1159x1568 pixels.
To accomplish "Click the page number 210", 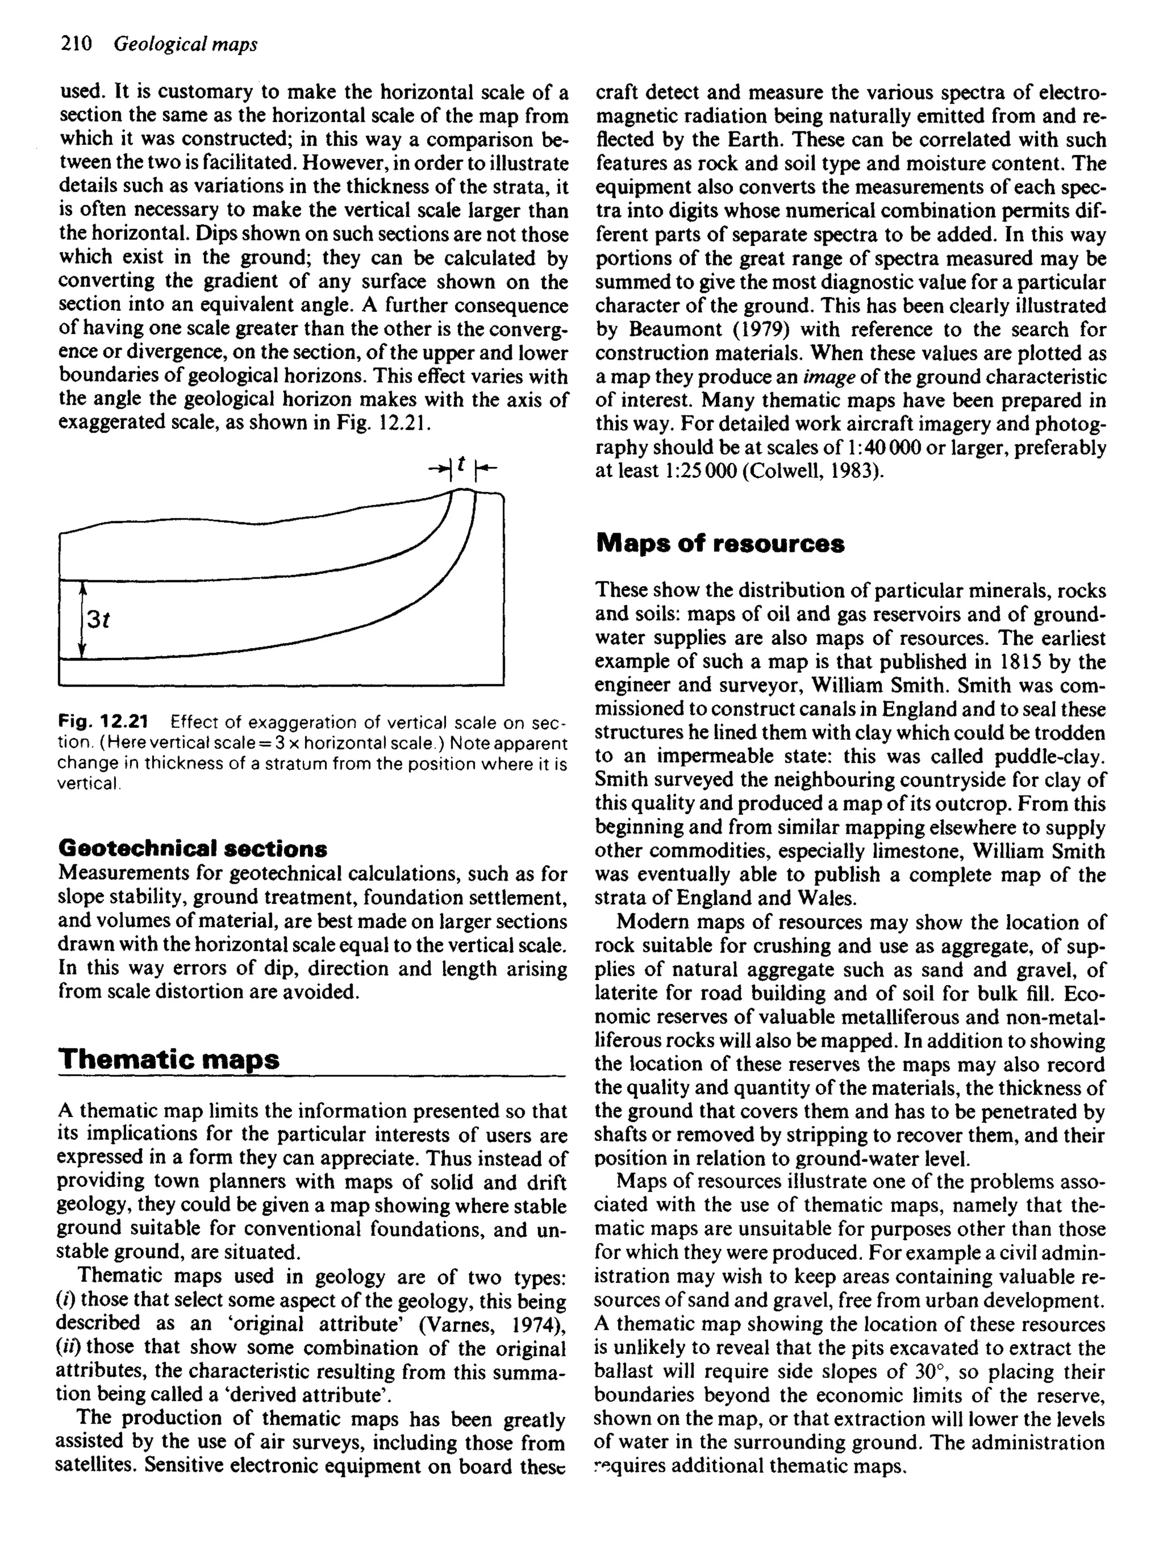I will (76, 44).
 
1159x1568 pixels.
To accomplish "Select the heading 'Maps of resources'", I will (720, 544).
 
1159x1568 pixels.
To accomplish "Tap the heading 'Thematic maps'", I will (169, 1058).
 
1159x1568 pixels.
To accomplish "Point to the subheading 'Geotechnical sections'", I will (192, 849).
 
